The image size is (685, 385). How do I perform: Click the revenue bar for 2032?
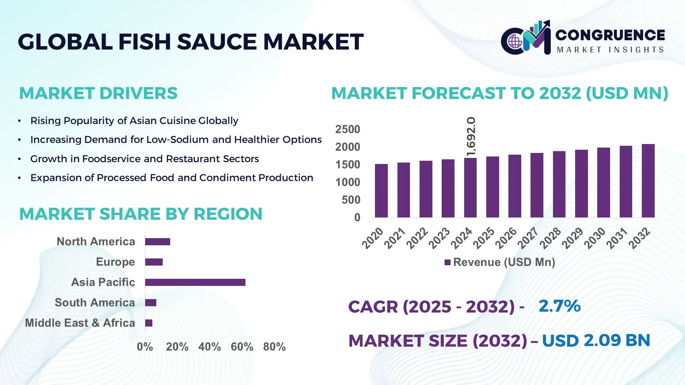click(x=648, y=181)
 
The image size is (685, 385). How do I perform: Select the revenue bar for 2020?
click(x=381, y=191)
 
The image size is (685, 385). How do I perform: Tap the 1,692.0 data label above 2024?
click(x=471, y=137)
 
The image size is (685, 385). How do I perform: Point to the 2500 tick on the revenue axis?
click(x=347, y=129)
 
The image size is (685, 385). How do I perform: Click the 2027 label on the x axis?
click(x=528, y=238)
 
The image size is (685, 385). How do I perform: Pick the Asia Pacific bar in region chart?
click(x=195, y=282)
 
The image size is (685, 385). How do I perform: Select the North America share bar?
click(x=157, y=242)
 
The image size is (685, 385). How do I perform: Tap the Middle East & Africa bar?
click(x=149, y=323)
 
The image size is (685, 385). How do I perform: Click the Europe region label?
click(x=115, y=262)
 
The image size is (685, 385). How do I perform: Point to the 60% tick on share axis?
click(x=242, y=346)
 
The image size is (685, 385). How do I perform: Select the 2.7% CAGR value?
click(x=559, y=306)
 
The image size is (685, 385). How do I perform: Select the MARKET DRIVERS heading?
click(x=98, y=93)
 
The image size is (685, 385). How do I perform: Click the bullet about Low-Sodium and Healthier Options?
click(x=176, y=139)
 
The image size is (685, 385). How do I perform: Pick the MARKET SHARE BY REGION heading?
click(x=141, y=214)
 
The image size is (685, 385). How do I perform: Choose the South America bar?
click(x=151, y=303)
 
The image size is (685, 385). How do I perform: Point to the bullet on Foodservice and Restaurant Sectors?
click(x=144, y=159)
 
